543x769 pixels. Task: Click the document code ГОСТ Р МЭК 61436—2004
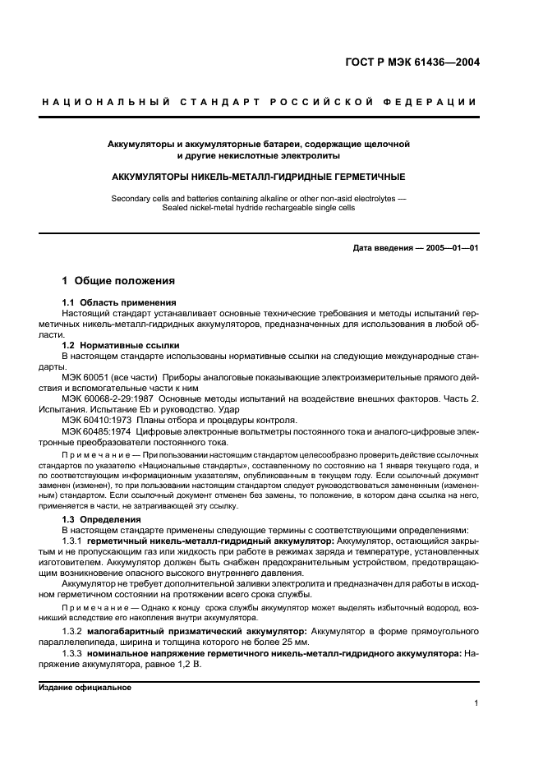(412, 62)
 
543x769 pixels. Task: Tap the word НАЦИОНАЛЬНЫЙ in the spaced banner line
(105, 102)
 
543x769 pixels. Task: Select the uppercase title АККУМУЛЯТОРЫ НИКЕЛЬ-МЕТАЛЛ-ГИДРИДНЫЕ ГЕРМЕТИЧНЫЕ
(259, 177)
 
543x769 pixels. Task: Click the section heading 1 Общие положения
(118, 281)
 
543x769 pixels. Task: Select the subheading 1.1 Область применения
(118, 303)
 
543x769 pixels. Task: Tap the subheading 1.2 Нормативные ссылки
(121, 345)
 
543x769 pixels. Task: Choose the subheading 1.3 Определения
(102, 519)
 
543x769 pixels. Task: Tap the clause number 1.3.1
(73, 541)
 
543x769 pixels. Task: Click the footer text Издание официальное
(80, 688)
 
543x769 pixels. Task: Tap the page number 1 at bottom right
(476, 703)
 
